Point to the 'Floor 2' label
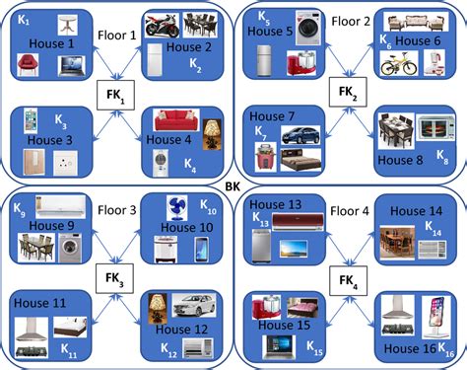pos(350,20)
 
